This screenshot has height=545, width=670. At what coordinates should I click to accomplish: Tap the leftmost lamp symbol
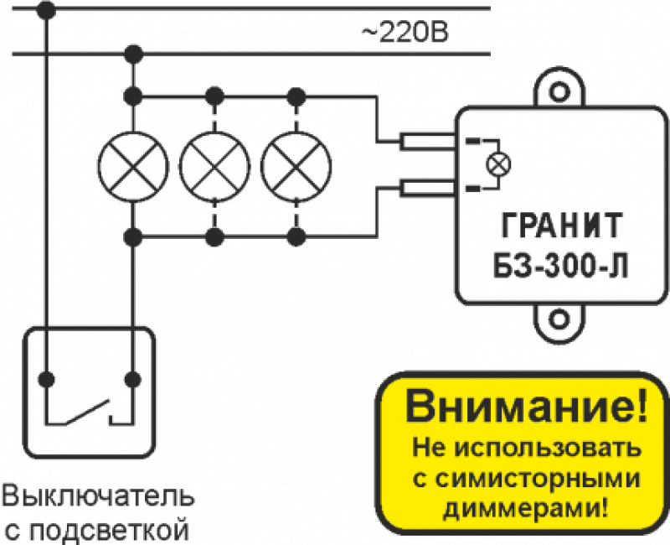coord(132,165)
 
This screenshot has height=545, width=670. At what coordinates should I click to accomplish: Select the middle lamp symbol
coord(214,165)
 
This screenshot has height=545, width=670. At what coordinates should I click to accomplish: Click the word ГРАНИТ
coord(560,226)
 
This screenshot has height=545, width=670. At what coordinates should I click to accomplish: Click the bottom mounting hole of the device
coord(559,319)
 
